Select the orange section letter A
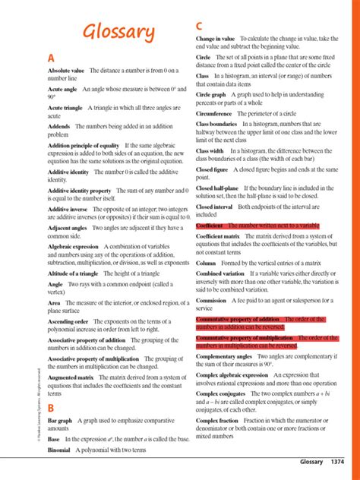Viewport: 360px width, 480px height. point(51,58)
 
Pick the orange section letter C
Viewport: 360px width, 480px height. point(200,25)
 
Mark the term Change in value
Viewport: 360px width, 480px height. point(215,37)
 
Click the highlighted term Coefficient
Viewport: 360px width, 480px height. point(213,226)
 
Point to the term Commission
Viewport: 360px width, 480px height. point(211,300)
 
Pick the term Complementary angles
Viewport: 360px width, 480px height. point(225,355)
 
